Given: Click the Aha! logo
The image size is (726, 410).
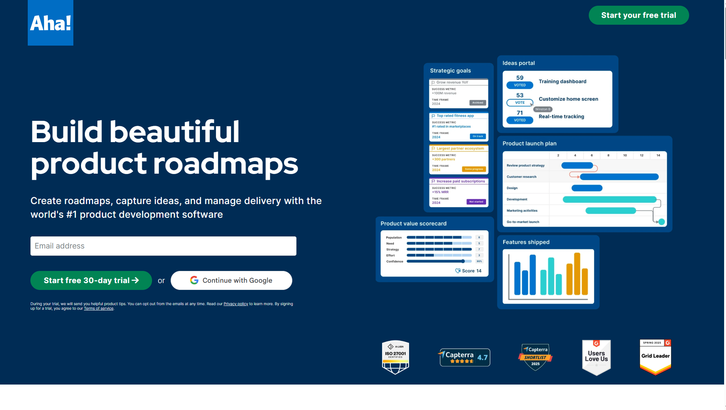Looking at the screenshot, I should click(51, 23).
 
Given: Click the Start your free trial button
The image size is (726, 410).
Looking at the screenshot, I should click(639, 15).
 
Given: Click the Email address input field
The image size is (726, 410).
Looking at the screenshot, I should click(163, 246).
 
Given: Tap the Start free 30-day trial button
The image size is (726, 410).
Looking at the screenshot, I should click(91, 280).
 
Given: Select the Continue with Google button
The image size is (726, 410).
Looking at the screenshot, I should click(231, 280).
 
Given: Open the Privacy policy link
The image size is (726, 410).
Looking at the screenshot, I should click(236, 304).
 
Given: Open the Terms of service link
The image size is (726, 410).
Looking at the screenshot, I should click(98, 309).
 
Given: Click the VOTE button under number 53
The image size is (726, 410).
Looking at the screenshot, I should click(520, 103).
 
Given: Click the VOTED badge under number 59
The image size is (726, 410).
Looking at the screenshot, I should click(520, 85).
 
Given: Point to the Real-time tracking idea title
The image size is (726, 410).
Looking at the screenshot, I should click(561, 117).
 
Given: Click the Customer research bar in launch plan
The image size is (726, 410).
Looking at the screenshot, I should click(619, 177).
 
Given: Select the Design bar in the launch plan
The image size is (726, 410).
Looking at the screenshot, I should click(587, 188).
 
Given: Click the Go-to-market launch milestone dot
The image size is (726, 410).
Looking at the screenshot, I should click(661, 222).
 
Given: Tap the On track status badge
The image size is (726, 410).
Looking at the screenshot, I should click(478, 136).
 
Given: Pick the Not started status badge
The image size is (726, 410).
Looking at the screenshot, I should click(476, 202).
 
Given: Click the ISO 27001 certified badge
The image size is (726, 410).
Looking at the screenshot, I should click(395, 357).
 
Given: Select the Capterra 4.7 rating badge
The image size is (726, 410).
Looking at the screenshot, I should click(464, 357).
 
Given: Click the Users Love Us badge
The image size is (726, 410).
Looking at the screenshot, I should click(596, 357).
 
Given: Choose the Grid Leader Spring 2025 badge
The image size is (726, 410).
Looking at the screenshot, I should click(655, 357).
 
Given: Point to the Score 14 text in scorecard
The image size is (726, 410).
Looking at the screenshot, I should click(469, 271).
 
